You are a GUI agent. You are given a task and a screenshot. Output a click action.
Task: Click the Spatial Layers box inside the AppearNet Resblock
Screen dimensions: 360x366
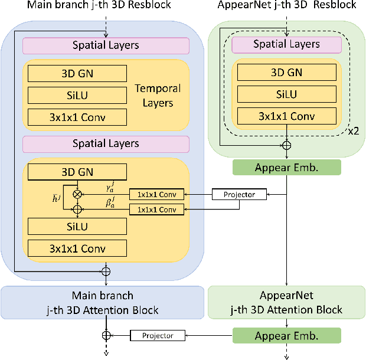tap(286, 44)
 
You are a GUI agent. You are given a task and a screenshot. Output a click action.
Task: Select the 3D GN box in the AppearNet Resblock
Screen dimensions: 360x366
tap(286, 73)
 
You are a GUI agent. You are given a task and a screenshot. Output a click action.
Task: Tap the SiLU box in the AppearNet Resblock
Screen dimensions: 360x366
tap(286, 94)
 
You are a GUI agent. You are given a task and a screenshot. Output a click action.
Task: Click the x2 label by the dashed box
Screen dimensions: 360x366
tap(353, 131)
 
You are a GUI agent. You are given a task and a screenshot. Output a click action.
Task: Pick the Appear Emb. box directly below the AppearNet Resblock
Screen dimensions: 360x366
tap(286, 167)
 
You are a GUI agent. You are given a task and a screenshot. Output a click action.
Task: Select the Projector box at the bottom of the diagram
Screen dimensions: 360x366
tap(158, 335)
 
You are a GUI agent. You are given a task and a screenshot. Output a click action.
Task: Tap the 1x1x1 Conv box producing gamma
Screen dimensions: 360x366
tap(156, 194)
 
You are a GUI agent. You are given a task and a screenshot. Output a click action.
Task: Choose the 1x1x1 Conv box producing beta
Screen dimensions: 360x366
tap(156, 209)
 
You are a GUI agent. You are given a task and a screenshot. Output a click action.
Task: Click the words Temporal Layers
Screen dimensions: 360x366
tap(158, 96)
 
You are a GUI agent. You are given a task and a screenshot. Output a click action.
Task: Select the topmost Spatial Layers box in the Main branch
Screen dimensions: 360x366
tap(106, 45)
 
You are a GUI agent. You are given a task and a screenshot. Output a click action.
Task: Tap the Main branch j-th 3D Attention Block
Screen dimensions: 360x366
tap(103, 302)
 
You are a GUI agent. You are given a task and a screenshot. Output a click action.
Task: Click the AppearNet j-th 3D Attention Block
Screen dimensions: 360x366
tap(286, 302)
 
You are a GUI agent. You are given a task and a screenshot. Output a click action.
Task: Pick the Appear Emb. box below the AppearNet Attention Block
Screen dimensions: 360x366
tap(286, 336)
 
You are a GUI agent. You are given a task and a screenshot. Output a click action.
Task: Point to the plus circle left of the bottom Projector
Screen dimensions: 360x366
tap(106, 335)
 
